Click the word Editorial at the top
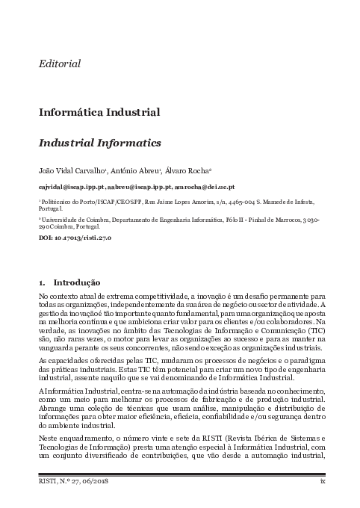pos(60,64)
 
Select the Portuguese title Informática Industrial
pos(99,113)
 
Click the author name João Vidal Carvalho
pos(70,170)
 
